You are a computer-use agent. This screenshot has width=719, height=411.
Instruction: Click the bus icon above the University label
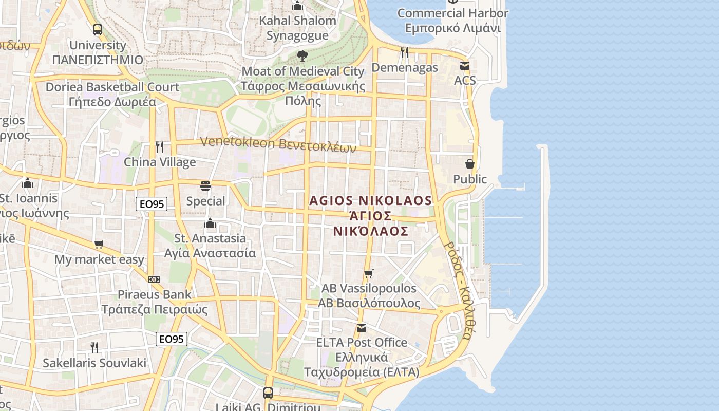tap(98, 30)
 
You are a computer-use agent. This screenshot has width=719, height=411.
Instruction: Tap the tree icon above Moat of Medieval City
tap(302, 55)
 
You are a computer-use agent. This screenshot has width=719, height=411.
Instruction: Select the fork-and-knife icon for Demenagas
tap(405, 52)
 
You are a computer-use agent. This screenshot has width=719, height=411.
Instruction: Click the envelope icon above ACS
tap(465, 66)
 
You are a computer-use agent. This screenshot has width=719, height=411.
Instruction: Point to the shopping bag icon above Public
tap(469, 164)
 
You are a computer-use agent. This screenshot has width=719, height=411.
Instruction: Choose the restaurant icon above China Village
tap(160, 147)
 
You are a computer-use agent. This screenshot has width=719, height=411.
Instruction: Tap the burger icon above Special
tap(205, 185)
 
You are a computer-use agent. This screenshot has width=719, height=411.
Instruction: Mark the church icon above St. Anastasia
tap(210, 223)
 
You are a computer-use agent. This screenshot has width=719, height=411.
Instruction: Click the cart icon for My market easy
tap(99, 245)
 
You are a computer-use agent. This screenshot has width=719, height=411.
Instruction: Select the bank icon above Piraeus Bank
tap(154, 279)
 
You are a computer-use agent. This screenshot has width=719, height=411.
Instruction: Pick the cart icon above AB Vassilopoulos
tap(368, 273)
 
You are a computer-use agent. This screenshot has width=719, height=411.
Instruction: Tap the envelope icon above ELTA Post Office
tap(362, 328)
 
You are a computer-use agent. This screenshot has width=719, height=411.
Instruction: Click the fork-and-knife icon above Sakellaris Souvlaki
tap(94, 348)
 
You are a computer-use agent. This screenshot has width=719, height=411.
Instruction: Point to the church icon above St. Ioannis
tap(28, 183)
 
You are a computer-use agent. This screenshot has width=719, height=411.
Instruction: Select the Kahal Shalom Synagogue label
tap(297, 28)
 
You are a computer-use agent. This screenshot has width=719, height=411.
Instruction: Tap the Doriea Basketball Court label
tap(112, 94)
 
